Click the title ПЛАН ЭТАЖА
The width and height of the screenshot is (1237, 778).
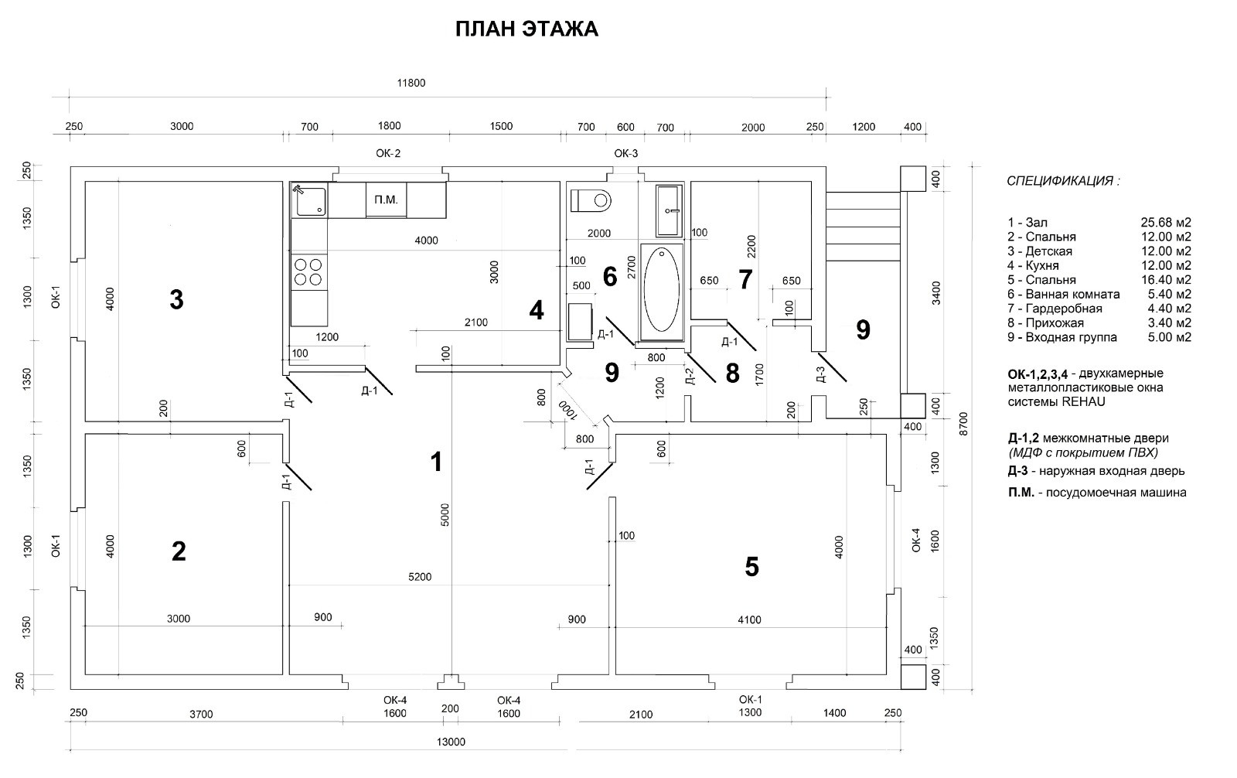526,29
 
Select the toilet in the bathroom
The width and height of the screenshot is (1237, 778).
591,201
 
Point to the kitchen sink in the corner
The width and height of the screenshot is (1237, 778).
308,200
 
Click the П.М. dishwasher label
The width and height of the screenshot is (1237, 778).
385,200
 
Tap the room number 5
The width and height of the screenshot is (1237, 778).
751,567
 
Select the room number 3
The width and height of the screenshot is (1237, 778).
176,299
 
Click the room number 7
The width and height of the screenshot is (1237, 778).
745,279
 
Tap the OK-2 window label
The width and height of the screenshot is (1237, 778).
388,153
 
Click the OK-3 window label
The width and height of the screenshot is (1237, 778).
626,153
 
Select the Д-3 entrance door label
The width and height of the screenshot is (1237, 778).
821,375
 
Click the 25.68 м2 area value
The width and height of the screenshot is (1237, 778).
1166,223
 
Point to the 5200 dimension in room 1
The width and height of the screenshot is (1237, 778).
422,577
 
